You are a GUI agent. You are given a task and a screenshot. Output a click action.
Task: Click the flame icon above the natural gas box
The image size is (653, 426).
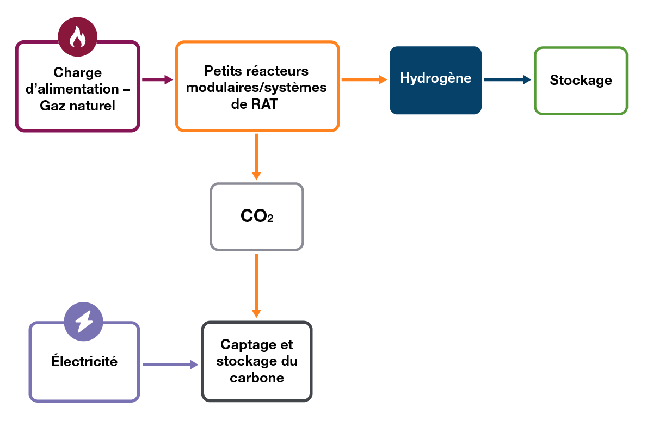[x=78, y=36]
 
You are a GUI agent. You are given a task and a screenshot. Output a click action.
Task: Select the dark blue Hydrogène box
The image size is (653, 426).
[x=435, y=80]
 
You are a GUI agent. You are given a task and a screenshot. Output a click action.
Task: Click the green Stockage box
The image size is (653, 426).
[x=581, y=81]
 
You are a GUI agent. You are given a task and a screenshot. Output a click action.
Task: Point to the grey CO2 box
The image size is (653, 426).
[x=256, y=217]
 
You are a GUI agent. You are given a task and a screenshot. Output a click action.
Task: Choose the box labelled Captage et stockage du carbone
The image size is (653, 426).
[x=257, y=361]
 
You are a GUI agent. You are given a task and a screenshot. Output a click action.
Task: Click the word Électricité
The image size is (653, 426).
[x=84, y=361]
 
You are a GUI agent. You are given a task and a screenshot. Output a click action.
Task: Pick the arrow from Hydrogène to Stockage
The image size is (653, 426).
[x=507, y=80]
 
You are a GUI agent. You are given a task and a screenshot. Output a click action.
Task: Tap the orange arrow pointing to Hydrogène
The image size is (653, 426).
[x=364, y=80]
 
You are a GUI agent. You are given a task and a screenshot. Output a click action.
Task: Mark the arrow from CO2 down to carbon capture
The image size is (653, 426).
[x=256, y=286]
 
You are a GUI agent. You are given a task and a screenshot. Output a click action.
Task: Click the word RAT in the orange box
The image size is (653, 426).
[x=263, y=104]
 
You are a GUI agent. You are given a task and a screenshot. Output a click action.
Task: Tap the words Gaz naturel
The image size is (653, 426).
[x=78, y=106]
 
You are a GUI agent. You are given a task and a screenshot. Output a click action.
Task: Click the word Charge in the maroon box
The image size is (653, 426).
[x=78, y=72]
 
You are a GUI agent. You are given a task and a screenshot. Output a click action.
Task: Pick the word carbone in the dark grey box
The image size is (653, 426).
[x=257, y=378]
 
